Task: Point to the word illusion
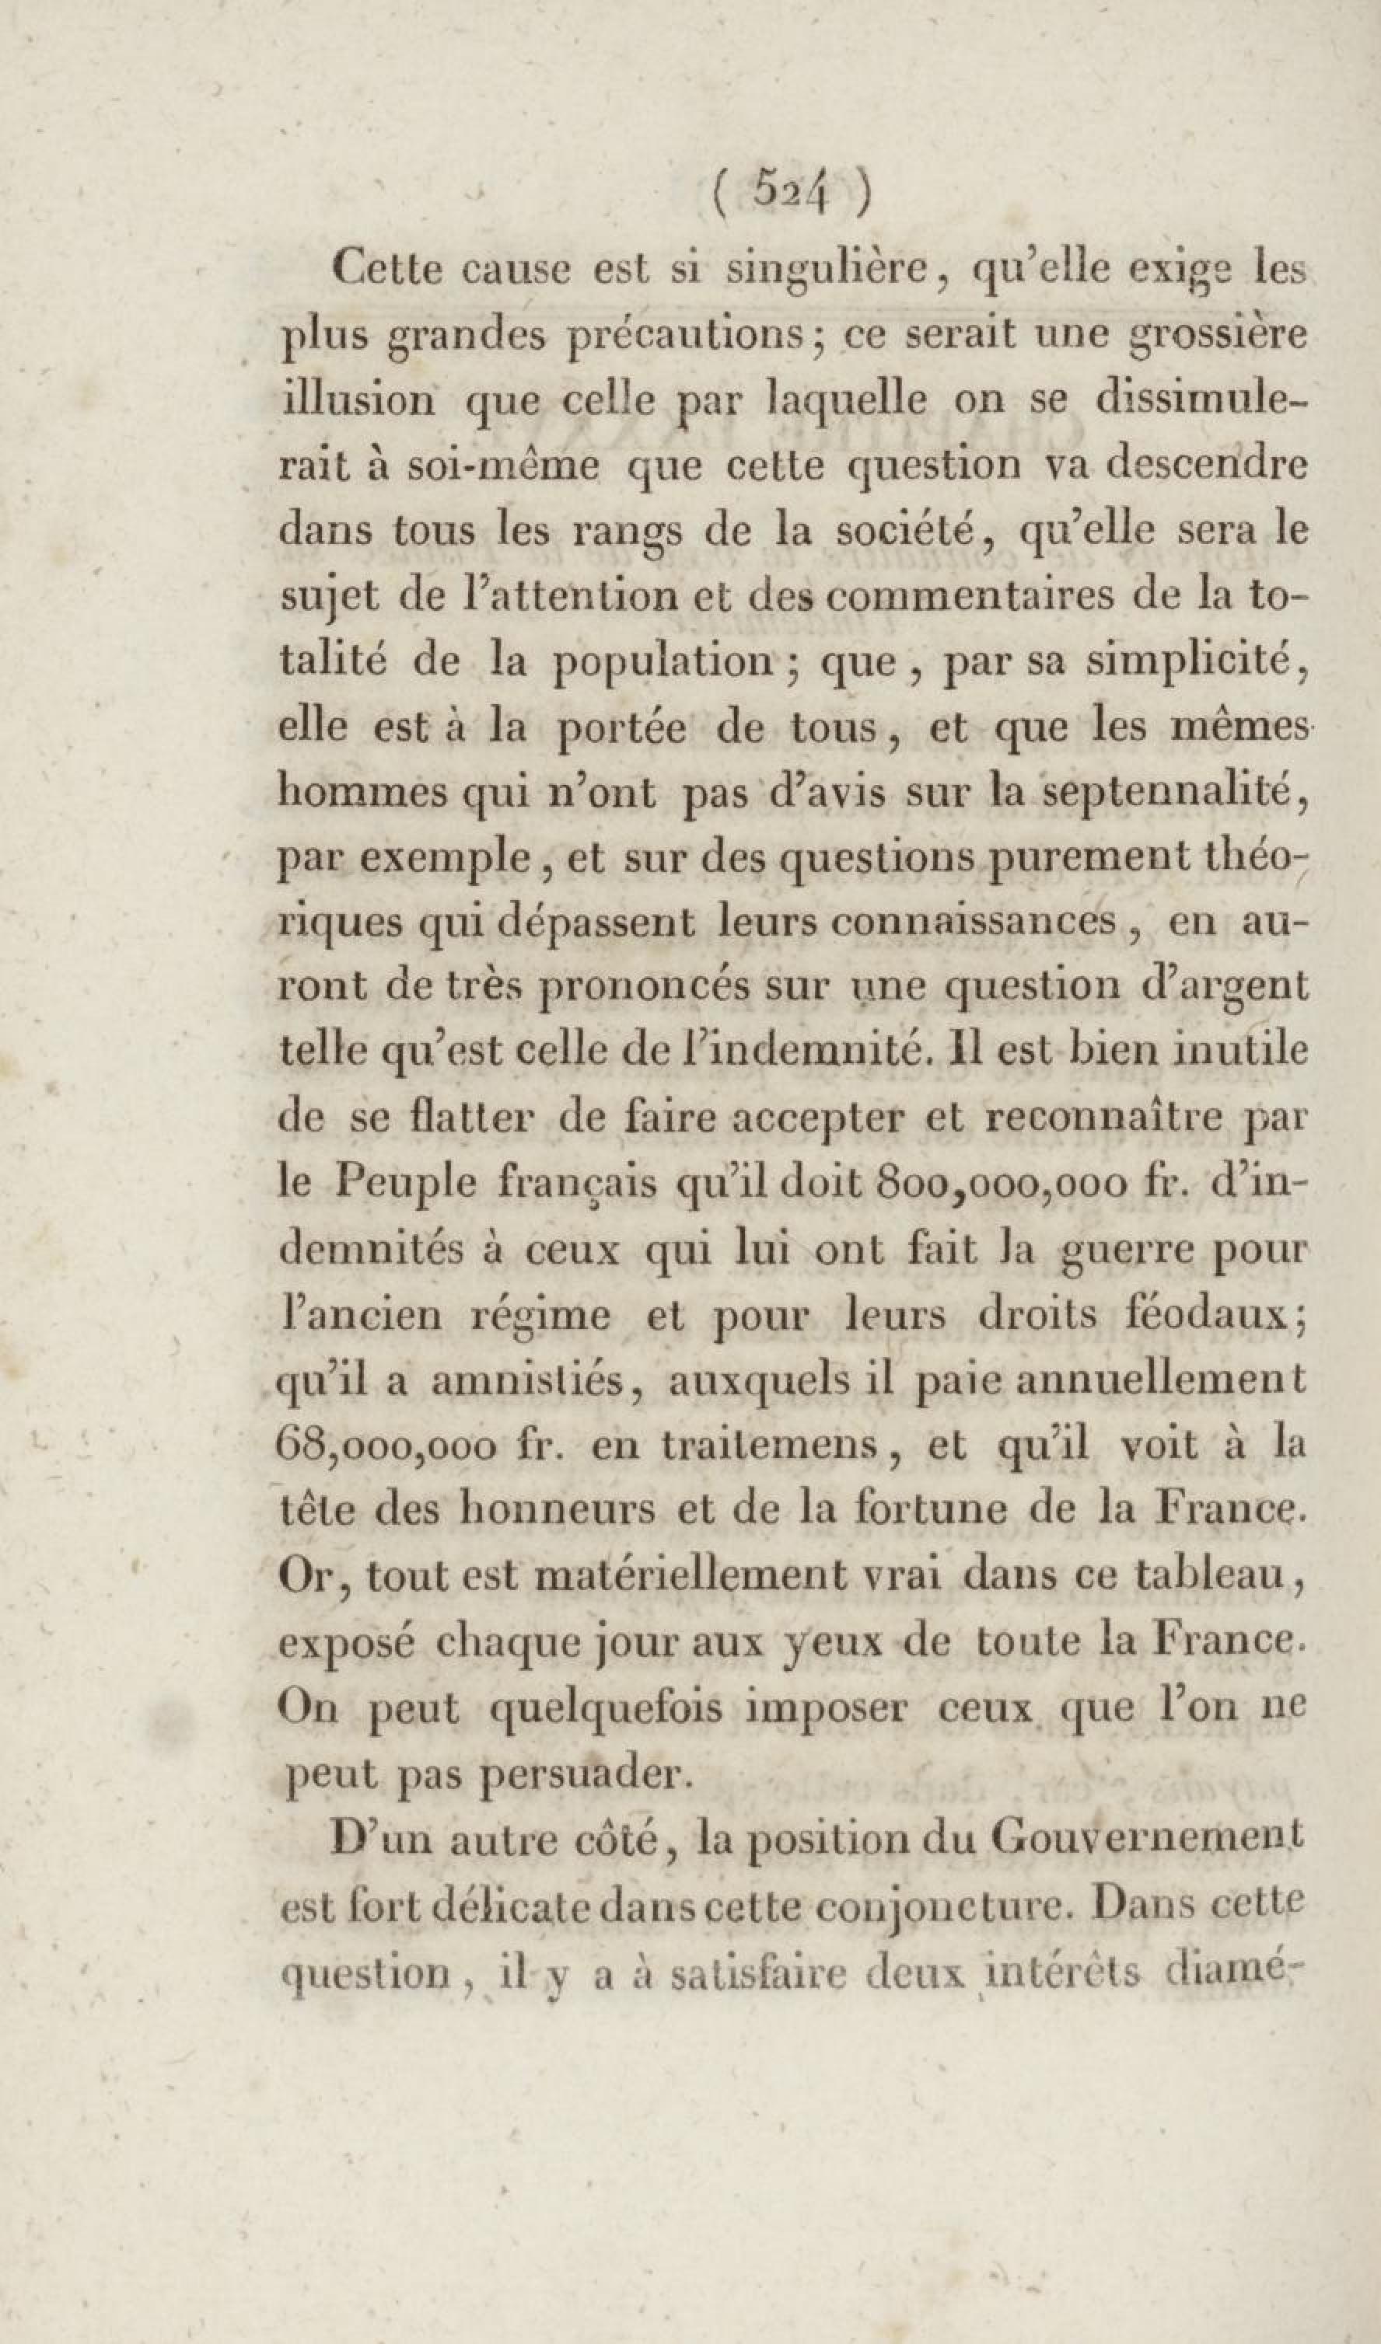(x=356, y=400)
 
